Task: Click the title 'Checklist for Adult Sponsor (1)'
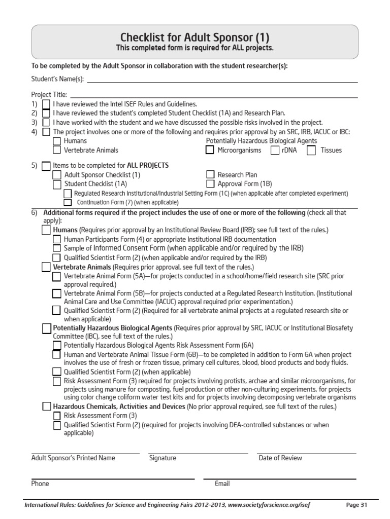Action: click(x=194, y=38)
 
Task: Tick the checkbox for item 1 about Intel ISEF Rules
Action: click(x=46, y=104)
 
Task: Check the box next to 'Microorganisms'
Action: click(x=209, y=150)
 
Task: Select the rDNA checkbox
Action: click(x=275, y=150)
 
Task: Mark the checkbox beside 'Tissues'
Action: click(x=311, y=150)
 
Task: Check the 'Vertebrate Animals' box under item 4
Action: click(x=57, y=150)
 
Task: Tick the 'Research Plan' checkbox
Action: click(x=210, y=175)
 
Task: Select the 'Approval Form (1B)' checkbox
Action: click(x=210, y=184)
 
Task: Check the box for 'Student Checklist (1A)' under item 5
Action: click(x=57, y=184)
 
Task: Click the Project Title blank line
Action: click(x=213, y=94)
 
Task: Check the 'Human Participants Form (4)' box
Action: click(x=57, y=239)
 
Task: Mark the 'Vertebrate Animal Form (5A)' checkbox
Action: click(x=57, y=276)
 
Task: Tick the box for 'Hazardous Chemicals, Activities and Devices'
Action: click(x=46, y=406)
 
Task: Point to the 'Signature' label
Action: click(x=162, y=458)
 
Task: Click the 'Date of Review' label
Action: click(x=280, y=458)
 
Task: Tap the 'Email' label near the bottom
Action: click(x=222, y=484)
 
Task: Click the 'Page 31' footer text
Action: click(x=356, y=505)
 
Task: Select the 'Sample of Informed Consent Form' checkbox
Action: click(x=57, y=248)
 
